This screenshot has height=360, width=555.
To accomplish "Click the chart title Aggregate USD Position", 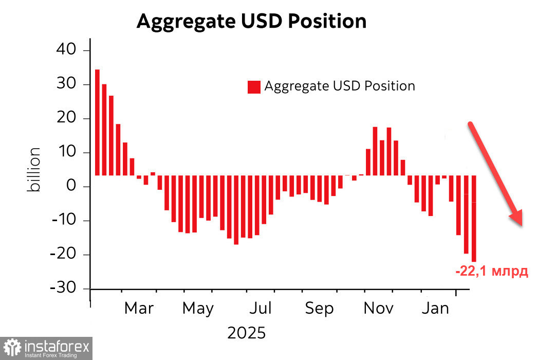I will point(251,22).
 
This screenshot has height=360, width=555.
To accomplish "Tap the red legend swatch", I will point(254,87).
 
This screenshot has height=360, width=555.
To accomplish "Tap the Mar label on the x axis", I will point(139,309).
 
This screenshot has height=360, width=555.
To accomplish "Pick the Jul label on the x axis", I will point(260,309).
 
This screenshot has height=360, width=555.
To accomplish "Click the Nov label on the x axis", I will point(379,309).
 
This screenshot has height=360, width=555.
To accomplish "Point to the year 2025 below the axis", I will point(247,333).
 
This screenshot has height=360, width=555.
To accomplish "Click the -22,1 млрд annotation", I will point(492,271).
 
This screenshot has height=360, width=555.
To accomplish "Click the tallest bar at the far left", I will point(98,122).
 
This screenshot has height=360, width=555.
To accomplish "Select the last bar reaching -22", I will point(474,219).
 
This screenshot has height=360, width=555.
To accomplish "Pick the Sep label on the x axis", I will point(319,309).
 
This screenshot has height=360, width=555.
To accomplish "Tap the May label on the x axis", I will point(198,309).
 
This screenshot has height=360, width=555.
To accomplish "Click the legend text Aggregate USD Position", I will point(340,86).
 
